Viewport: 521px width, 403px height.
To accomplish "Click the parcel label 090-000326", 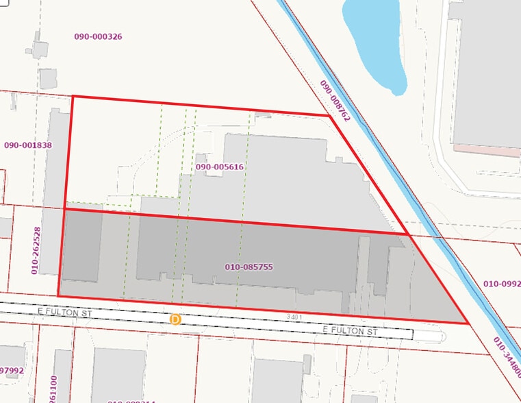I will (98, 36).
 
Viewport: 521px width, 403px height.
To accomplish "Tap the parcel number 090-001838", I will (28, 145).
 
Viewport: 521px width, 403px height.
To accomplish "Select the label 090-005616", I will (220, 167).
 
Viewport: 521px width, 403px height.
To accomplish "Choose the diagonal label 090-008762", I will (335, 101).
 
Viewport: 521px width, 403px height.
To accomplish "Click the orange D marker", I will (175, 319).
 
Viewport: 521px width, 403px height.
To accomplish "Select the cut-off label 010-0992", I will (502, 284).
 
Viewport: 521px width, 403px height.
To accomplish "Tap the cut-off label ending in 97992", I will (12, 371).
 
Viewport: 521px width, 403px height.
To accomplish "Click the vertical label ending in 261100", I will (53, 388).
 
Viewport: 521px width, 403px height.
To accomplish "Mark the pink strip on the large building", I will (486, 149).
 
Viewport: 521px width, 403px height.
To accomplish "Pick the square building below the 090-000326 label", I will (47, 78).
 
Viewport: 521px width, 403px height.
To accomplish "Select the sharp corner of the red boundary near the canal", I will (467, 323).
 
